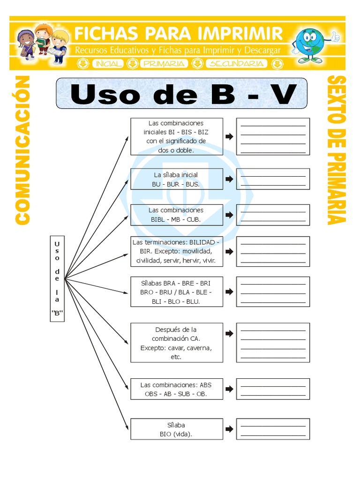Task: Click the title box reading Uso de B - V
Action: click(181, 94)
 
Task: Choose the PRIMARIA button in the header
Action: click(165, 63)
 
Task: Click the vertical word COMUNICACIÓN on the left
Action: click(22, 150)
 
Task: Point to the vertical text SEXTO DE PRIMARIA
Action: click(337, 150)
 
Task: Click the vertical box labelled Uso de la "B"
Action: click(57, 278)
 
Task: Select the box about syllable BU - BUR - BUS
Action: click(177, 179)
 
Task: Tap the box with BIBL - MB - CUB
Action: click(177, 215)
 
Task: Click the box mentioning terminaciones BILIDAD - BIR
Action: click(177, 251)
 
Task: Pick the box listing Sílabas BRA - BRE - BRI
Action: click(177, 292)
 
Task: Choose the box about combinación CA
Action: click(177, 343)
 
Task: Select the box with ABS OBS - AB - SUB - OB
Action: click(177, 389)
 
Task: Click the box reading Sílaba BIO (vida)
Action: click(177, 429)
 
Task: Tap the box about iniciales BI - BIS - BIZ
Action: click(177, 136)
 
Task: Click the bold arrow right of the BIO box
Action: click(229, 429)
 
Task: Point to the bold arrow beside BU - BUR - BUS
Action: click(229, 179)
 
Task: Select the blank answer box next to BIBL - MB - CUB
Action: click(273, 215)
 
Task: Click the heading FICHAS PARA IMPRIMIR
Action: click(179, 34)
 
